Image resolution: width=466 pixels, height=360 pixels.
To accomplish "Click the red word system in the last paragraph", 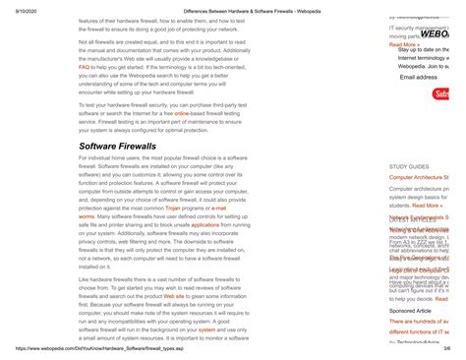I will click(x=208, y=329).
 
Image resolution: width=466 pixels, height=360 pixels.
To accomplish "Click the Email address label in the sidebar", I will click(x=419, y=77).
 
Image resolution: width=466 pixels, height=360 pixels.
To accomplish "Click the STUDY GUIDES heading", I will click(x=409, y=167).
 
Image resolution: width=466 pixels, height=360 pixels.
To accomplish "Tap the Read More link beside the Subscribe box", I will click(x=404, y=44).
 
